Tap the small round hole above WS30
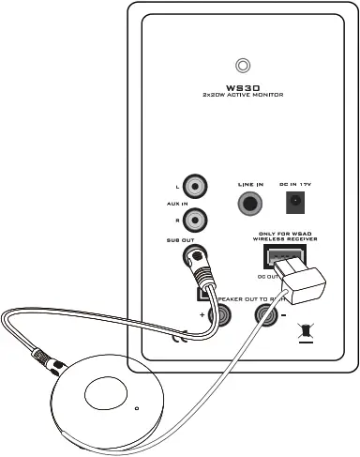click(244, 65)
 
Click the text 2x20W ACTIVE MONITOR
click(244, 96)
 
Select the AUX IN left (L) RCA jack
click(195, 186)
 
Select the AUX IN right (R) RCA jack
click(195, 221)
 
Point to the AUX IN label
click(166, 203)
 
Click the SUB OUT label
click(166, 239)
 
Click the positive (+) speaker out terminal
click(221, 317)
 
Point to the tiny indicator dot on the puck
click(137, 408)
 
